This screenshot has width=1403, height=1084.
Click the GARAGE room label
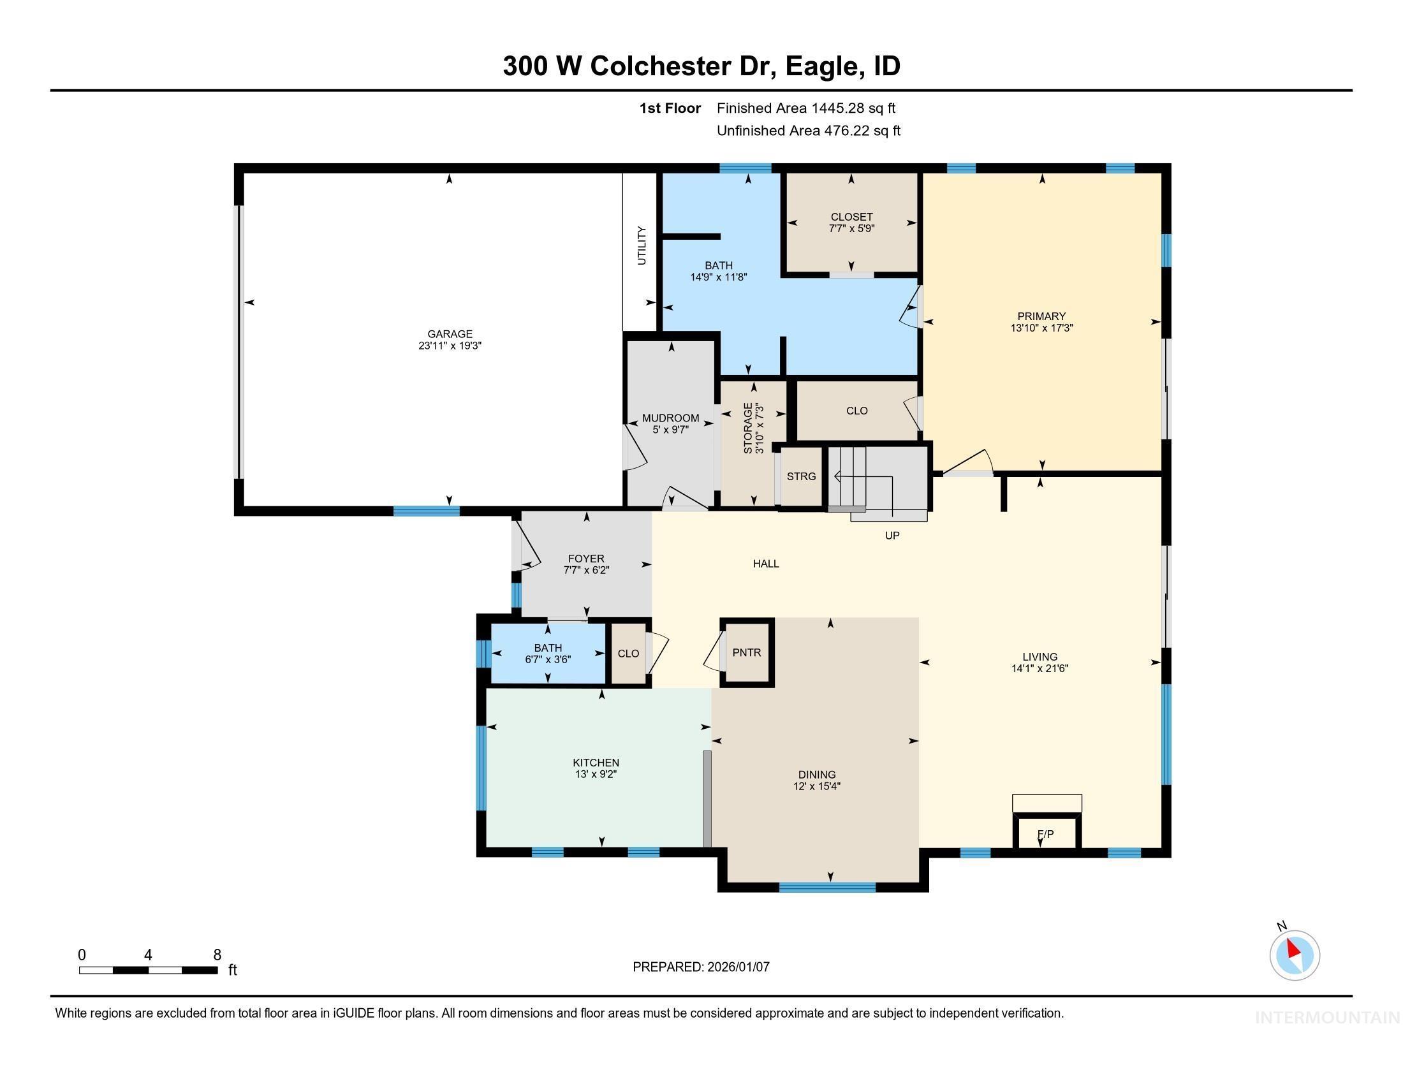[x=450, y=334]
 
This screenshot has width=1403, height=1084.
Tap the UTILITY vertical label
[x=641, y=245]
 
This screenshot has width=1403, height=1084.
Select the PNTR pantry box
[x=747, y=652]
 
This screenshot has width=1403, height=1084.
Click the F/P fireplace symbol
[x=1046, y=834]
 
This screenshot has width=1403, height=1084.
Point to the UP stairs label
[x=892, y=536]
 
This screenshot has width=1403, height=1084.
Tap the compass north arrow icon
[x=1295, y=955]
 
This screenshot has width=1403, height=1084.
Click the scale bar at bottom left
[x=148, y=970]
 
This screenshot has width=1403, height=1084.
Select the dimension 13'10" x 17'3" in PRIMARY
[x=1041, y=328]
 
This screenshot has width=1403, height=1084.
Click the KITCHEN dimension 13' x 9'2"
[x=596, y=775]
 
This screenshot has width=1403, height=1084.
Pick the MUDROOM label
[x=671, y=418]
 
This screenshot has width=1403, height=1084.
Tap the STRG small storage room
[x=801, y=476]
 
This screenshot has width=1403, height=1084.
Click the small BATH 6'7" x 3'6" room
[x=548, y=654]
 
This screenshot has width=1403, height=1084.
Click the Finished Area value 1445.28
[x=837, y=108]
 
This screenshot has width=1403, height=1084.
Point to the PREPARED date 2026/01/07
[x=738, y=967]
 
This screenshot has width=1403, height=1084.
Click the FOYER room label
[x=586, y=559]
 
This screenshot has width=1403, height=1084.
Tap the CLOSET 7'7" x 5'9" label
[x=851, y=217]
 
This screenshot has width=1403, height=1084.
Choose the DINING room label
[x=816, y=775]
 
